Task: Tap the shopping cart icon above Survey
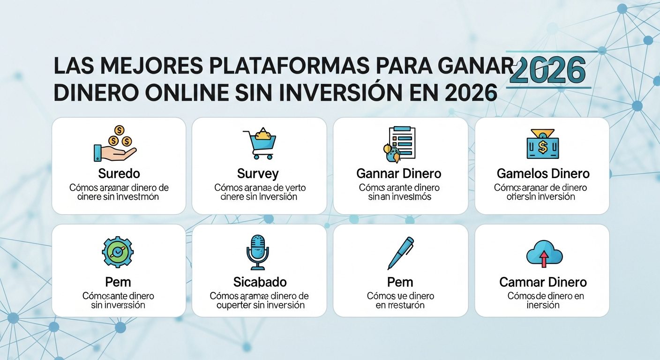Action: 259,143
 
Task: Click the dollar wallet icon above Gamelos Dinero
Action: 542,144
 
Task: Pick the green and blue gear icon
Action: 118,252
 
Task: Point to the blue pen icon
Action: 400,253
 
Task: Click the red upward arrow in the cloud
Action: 544,258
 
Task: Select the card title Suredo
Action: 119,174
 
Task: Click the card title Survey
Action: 258,174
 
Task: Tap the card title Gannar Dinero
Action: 399,174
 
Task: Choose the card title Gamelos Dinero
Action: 543,174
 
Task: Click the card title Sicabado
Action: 260,282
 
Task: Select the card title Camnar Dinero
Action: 543,282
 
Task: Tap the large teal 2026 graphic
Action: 547,72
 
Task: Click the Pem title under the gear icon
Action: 118,282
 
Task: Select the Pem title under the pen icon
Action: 400,282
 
